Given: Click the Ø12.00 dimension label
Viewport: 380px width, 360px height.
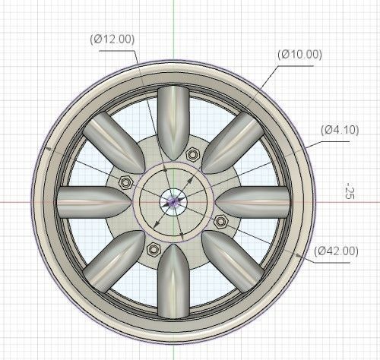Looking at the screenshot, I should pyautogui.click(x=109, y=38).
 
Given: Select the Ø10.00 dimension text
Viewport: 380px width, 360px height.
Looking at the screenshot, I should pyautogui.click(x=300, y=54).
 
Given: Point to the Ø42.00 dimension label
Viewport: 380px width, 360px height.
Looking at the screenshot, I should pyautogui.click(x=335, y=251).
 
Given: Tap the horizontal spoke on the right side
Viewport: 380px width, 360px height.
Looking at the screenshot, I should pyautogui.click(x=258, y=202).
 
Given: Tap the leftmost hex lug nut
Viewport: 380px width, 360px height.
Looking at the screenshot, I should pyautogui.click(x=125, y=182).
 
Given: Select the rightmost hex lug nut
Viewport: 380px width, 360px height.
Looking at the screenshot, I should pyautogui.click(x=220, y=221).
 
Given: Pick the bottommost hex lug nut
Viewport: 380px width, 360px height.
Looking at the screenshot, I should pyautogui.click(x=153, y=249).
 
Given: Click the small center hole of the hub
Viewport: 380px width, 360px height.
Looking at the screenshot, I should pyautogui.click(x=174, y=201).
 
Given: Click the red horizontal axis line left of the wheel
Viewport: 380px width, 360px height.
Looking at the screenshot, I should pyautogui.click(x=19, y=202).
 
